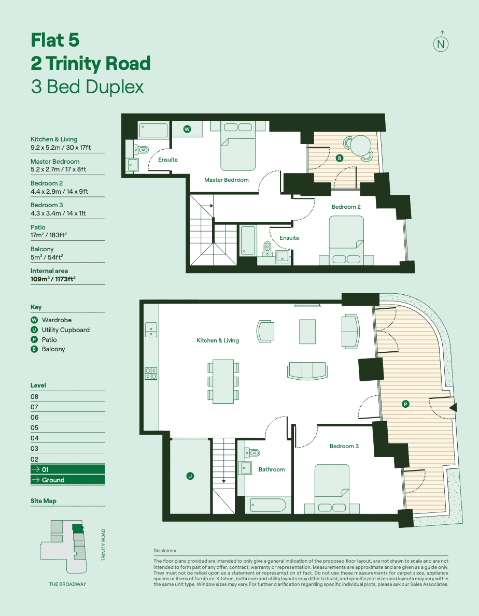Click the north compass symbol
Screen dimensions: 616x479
point(441,44)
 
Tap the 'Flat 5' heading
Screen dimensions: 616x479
point(55,40)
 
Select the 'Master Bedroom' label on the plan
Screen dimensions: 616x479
point(226,180)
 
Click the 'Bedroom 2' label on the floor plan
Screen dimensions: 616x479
point(346,207)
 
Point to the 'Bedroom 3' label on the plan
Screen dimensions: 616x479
point(344,446)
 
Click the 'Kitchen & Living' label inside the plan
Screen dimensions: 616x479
point(217,340)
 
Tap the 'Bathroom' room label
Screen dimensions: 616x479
point(272,469)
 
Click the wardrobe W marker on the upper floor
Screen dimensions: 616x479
point(187,130)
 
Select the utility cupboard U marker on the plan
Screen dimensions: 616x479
point(190,476)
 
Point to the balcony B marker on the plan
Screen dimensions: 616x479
point(340,158)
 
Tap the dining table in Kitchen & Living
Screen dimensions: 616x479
point(223,381)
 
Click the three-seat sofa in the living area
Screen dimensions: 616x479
point(307,370)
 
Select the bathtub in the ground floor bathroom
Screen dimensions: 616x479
point(267,505)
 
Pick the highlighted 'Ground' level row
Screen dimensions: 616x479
point(67,480)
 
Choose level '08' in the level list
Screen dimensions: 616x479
point(35,396)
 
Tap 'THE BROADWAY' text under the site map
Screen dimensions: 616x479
point(67,584)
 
